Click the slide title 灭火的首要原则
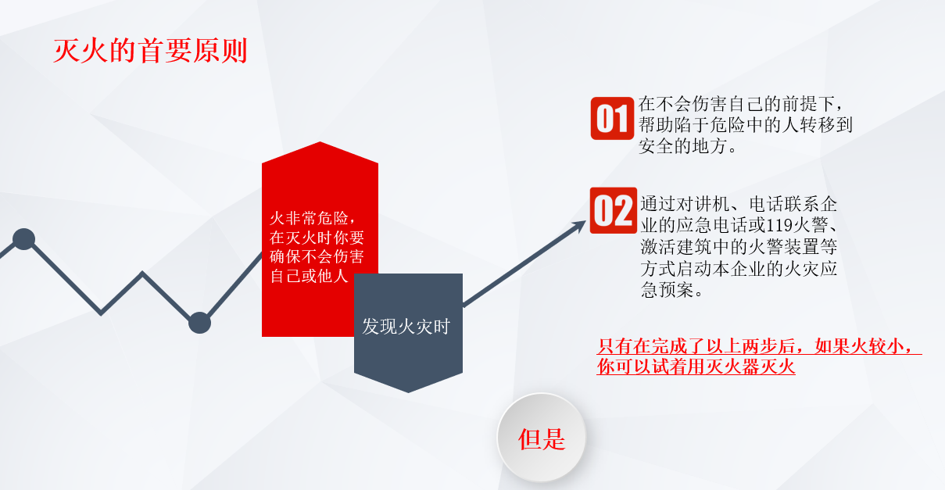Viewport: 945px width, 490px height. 150,51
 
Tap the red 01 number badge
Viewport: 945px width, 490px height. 612,118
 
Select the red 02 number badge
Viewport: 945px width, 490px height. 614,210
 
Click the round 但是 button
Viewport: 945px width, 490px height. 542,438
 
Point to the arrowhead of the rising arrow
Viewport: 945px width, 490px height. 579,226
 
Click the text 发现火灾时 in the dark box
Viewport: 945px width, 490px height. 406,327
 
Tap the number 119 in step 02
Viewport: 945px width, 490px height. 779,226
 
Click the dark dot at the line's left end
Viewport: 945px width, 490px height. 23,239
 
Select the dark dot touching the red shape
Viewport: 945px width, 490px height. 199,323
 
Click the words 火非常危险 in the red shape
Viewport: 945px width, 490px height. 309,218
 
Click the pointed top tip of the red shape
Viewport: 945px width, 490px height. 320,142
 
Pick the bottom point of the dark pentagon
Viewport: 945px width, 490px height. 408,392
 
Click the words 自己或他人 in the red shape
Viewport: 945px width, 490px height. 309,276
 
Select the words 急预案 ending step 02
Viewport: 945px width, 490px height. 667,290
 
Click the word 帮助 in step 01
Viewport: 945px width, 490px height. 657,125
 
